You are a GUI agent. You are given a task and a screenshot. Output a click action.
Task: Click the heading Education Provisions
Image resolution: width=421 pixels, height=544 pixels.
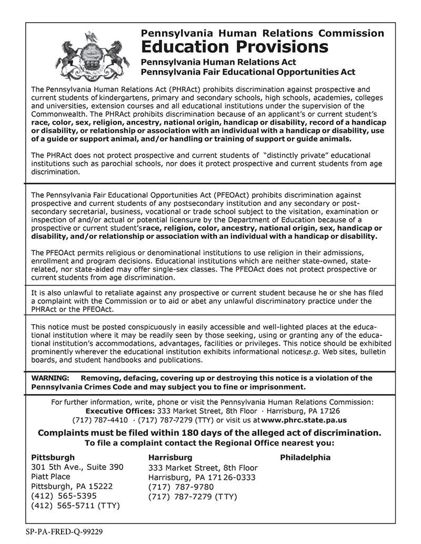235,47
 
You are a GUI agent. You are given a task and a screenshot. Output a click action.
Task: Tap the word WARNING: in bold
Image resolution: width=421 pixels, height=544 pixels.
51,378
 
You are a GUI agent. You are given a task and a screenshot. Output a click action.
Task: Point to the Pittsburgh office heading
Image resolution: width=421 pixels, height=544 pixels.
53,457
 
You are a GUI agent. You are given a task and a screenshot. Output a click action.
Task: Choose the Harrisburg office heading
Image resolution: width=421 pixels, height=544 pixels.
171,457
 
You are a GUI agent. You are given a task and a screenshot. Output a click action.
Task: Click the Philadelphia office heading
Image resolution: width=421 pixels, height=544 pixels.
305,457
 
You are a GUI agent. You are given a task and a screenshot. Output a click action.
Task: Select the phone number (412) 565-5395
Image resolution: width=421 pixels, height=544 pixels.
64,496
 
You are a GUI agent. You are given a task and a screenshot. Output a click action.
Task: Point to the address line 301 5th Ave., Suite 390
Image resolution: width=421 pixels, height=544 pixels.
77,467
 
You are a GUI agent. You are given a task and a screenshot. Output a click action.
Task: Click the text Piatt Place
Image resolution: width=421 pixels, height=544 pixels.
51,476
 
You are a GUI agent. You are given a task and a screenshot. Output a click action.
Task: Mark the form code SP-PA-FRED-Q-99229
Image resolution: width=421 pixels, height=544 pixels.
64,531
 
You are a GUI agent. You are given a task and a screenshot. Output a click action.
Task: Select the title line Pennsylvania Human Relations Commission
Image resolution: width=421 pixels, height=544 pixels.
263,33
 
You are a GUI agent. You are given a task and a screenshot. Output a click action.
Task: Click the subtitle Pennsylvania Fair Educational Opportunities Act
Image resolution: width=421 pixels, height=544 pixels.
248,71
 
